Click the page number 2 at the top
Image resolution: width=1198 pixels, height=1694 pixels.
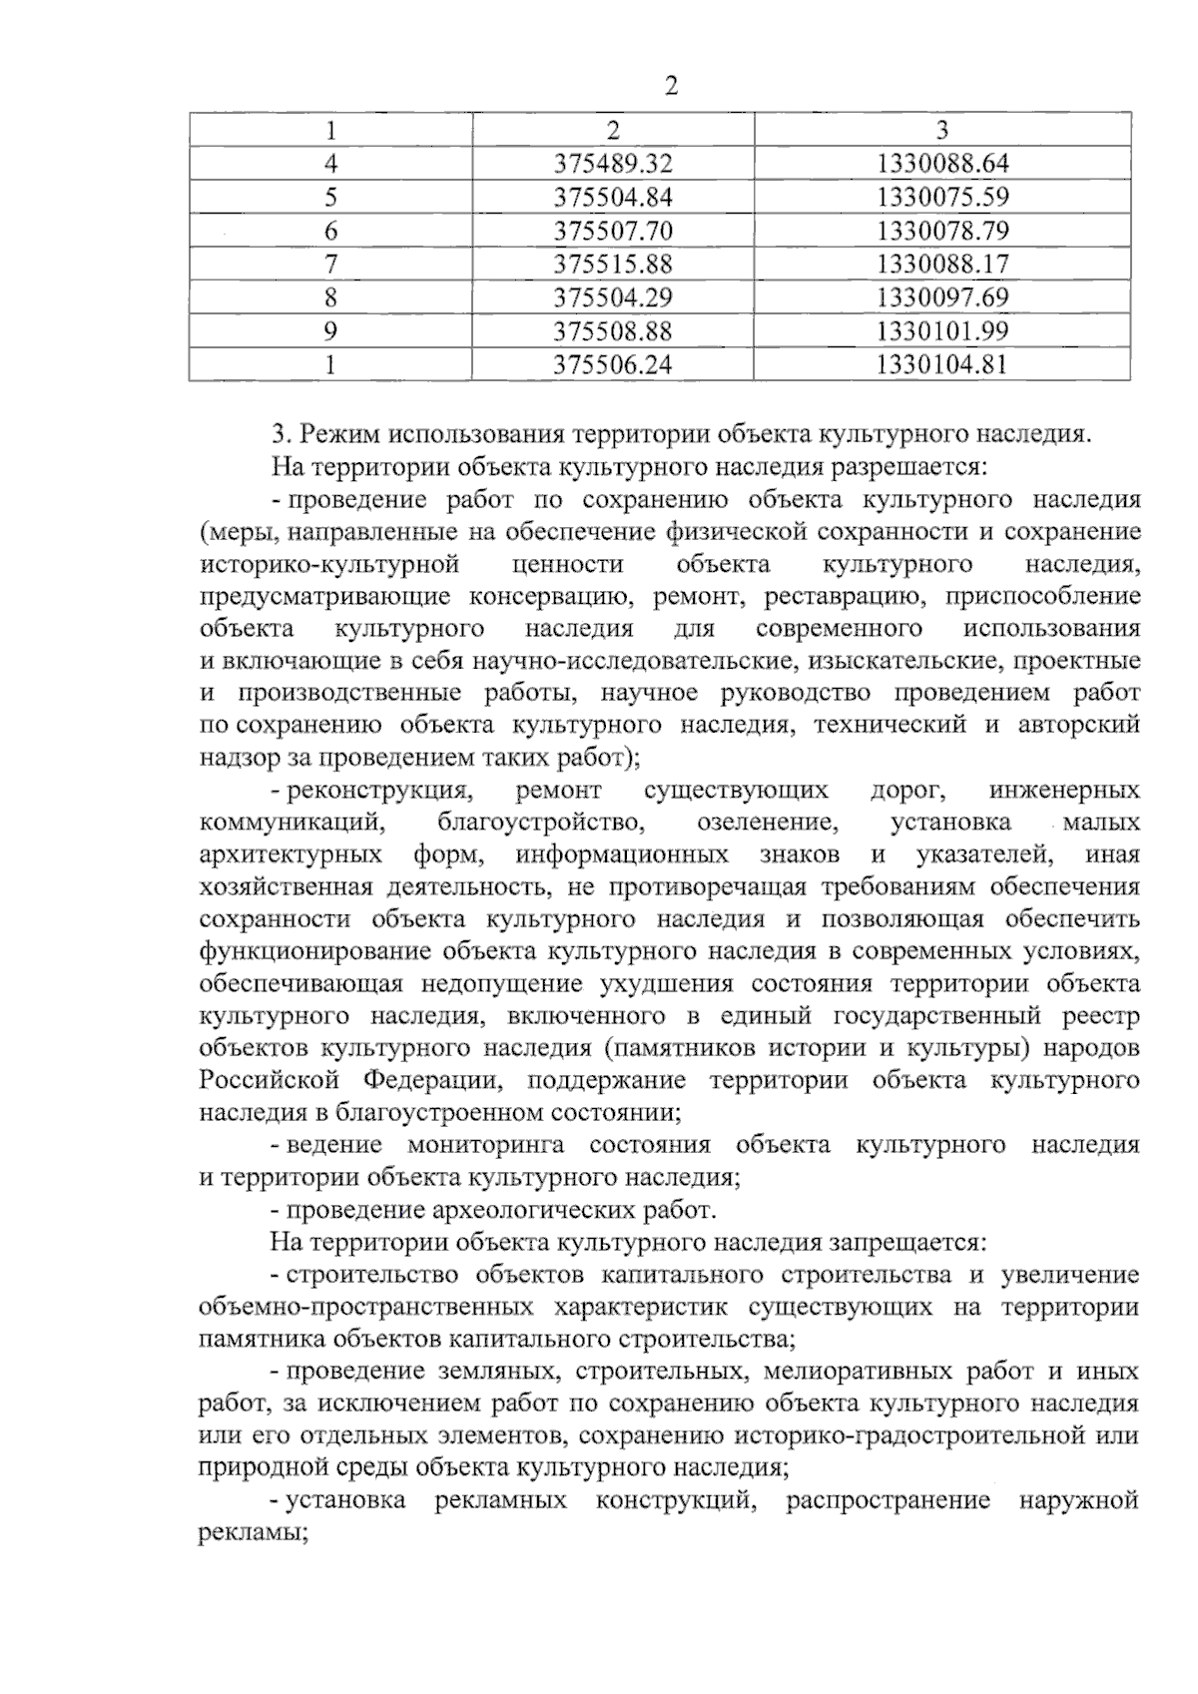671,87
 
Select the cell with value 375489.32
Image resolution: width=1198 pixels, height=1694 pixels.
613,164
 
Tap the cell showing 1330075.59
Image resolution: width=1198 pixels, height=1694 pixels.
942,197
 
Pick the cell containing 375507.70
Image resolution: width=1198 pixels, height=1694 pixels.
613,231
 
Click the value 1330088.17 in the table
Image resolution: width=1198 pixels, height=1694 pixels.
942,264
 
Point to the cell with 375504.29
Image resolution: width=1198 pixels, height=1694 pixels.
613,297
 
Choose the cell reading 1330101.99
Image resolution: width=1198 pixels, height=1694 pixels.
942,330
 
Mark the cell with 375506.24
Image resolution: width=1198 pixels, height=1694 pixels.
613,364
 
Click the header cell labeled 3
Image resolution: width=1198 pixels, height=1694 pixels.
942,130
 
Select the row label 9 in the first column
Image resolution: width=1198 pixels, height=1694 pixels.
330,330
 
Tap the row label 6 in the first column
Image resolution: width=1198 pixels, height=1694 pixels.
330,231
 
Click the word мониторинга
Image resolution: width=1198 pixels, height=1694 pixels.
485,1145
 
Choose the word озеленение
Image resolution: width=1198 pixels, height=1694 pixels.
767,823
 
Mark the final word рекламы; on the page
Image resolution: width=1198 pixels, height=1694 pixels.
252,1534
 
